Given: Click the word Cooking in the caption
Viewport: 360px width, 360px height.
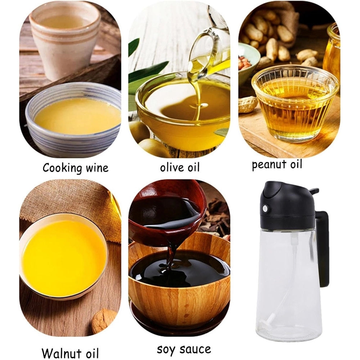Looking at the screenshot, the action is (62, 168).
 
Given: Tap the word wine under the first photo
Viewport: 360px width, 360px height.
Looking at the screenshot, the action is (97, 168).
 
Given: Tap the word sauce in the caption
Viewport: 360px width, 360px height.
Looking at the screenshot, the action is (195, 349).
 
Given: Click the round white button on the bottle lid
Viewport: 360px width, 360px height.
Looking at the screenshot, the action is (265, 208).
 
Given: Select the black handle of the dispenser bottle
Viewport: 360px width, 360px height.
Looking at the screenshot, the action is (322, 248).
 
